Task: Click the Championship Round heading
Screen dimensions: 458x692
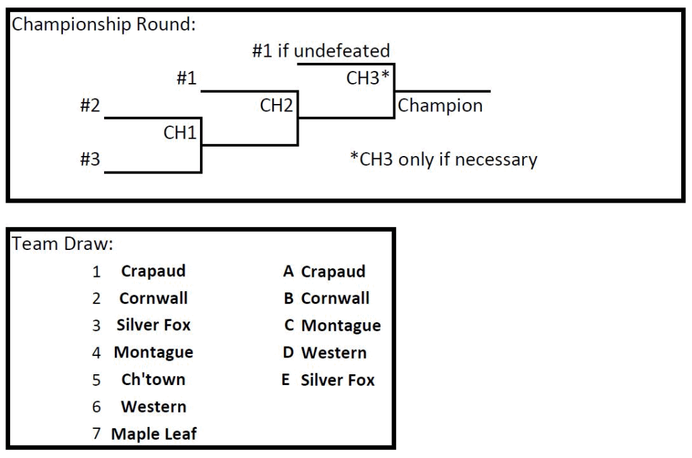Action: [105, 25]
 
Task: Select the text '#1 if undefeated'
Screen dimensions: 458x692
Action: [320, 51]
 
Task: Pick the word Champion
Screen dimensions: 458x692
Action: [441, 105]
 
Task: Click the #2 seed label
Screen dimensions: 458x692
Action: [90, 105]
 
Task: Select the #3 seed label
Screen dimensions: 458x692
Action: [90, 159]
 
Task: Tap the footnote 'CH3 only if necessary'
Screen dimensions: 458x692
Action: [447, 159]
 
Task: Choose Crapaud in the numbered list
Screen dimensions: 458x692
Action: [153, 272]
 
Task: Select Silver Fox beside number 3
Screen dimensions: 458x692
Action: [153, 326]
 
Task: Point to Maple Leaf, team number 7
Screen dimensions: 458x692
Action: [155, 434]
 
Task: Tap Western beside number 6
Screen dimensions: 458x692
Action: [154, 407]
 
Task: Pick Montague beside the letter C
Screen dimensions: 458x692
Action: [341, 326]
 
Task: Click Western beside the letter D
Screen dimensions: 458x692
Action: [335, 353]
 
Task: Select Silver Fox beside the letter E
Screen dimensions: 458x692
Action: [337, 380]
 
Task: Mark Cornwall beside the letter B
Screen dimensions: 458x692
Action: [336, 299]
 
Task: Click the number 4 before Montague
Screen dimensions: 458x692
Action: [97, 353]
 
